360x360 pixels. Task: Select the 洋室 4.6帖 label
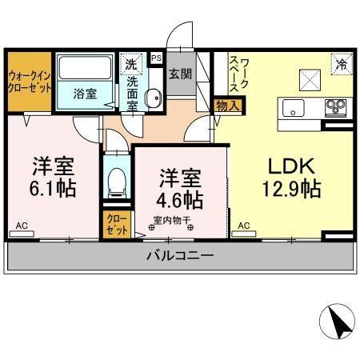pos(178,186)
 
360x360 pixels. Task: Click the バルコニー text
pos(179,257)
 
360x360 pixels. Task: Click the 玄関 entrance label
pos(179,74)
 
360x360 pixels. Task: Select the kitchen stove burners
pos(335,106)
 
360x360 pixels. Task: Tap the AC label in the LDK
pos(243,226)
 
